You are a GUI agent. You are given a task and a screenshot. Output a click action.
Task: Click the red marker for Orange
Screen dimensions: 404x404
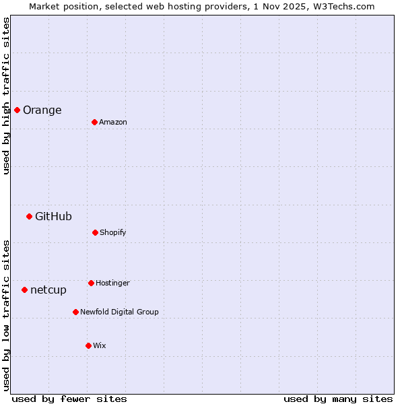[17, 110]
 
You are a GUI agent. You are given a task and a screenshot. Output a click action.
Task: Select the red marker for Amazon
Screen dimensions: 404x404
[94, 122]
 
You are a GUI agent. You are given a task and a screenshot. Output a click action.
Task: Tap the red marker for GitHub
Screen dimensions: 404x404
[29, 216]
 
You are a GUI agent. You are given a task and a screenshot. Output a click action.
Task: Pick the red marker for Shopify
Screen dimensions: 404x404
[95, 232]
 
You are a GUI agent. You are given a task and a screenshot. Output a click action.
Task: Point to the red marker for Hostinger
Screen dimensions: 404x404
[91, 283]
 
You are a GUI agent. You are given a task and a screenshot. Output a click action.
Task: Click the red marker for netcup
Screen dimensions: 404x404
[24, 290]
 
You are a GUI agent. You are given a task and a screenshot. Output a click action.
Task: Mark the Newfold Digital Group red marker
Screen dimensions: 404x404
[75, 312]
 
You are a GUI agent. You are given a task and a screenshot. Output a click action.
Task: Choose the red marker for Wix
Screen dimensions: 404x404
[88, 345]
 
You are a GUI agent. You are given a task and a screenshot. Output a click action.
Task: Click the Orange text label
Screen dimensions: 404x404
[42, 110]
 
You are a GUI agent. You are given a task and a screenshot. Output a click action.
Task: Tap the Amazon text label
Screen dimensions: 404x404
[112, 122]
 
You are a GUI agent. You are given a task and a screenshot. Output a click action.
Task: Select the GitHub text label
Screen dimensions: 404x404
[53, 216]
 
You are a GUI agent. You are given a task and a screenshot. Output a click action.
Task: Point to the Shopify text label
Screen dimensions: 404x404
[112, 232]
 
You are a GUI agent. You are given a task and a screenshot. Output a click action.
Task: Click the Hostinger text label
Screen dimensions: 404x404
[112, 283]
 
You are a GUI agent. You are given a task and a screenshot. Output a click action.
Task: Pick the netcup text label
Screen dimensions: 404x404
[48, 290]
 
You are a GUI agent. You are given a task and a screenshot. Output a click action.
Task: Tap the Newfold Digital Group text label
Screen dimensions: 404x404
[119, 312]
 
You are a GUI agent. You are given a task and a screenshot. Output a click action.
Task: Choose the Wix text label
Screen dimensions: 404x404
[100, 345]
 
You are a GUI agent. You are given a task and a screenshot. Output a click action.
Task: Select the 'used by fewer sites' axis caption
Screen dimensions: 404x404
[69, 399]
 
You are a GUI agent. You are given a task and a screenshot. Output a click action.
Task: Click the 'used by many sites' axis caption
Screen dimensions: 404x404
[338, 399]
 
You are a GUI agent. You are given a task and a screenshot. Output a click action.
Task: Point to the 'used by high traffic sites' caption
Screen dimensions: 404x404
[6, 96]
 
